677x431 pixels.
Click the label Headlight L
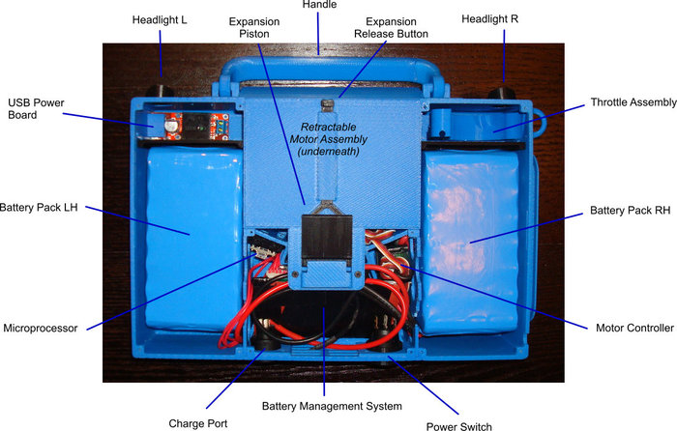tap(160, 18)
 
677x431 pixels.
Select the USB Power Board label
tap(36, 108)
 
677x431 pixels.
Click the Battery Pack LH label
tap(39, 207)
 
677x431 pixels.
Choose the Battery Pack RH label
tap(630, 210)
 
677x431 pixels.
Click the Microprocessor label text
tap(41, 327)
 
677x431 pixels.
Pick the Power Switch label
tap(459, 425)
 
